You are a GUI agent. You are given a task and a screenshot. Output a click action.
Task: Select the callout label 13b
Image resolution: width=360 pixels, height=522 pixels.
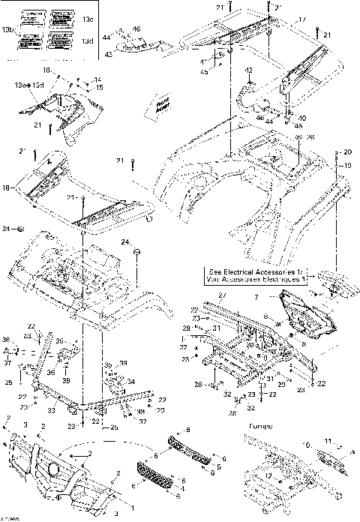click(8, 29)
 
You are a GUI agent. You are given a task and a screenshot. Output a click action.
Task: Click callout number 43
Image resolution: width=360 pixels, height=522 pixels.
click(109, 55)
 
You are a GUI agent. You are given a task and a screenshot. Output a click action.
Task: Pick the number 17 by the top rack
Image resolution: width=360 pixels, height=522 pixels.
click(302, 19)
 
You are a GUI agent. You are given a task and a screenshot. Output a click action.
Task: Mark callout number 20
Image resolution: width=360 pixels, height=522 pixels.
click(347, 153)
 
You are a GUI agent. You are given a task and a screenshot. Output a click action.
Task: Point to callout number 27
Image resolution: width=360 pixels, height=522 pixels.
click(221, 297)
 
